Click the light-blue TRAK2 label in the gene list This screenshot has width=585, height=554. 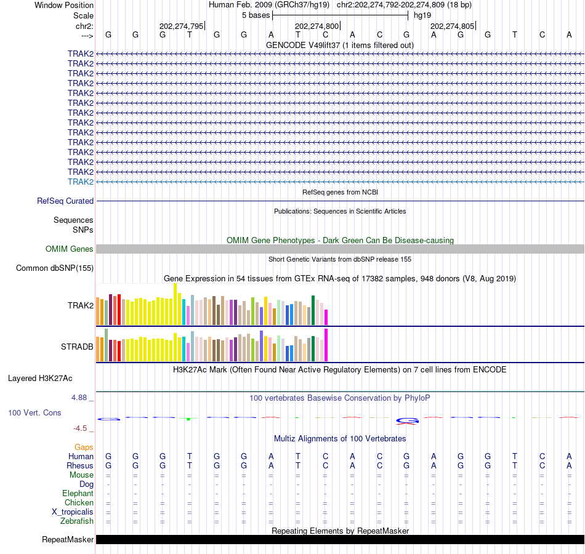(81, 182)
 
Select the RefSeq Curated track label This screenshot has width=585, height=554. (65, 201)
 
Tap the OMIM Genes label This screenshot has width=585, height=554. (70, 249)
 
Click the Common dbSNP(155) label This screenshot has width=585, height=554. (55, 268)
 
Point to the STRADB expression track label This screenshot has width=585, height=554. (77, 347)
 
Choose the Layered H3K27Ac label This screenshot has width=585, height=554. (40, 378)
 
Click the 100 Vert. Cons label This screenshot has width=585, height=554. (34, 412)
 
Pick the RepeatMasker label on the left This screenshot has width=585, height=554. (68, 540)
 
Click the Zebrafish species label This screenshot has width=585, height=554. (77, 521)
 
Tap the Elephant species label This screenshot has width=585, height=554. (78, 493)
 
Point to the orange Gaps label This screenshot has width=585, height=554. (84, 447)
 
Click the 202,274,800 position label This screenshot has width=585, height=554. (317, 26)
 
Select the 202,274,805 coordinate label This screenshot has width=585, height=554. (452, 26)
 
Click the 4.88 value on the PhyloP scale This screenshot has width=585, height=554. (80, 398)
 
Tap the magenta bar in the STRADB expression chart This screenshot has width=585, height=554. (326, 345)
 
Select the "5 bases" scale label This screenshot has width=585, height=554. (256, 15)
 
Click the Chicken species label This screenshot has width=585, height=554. (79, 503)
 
